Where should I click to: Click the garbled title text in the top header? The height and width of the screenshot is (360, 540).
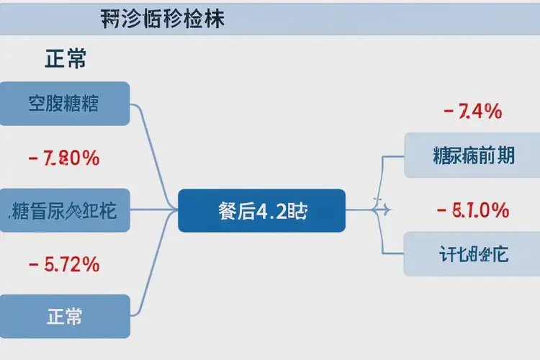163,19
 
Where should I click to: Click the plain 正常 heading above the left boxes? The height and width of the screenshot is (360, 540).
66,59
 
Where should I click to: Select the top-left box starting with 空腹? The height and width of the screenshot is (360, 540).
64,104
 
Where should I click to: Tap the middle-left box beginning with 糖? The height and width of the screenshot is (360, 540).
64,211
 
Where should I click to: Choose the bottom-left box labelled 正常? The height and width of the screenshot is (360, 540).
64,316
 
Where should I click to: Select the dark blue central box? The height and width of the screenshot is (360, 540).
261,211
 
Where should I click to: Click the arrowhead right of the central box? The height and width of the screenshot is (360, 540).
387,210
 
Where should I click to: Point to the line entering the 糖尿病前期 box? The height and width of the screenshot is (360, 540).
392,156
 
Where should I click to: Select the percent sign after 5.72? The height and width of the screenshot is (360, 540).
90,264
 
